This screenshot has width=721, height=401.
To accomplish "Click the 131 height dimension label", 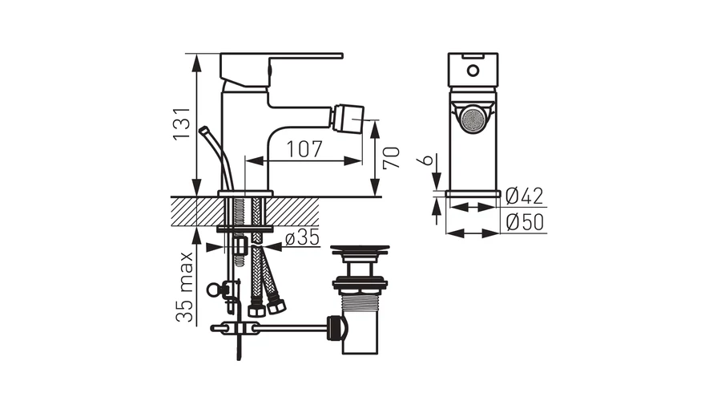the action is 181,124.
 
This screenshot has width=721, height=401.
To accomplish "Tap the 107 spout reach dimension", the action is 304,148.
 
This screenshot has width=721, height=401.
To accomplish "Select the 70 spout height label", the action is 391,158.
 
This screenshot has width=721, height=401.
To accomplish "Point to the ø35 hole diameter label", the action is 302,237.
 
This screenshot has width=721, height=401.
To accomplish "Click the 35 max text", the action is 185,286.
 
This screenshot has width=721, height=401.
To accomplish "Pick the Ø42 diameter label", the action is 524,196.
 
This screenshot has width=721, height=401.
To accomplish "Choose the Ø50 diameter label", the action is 525,222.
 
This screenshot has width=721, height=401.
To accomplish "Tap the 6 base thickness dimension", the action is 426,160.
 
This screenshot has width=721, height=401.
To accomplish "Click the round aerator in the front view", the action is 473,121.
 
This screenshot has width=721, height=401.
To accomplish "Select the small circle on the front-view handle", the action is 473,71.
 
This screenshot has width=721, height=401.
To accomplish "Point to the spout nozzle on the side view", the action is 350,119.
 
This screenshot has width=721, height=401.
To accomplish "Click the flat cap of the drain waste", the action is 360,249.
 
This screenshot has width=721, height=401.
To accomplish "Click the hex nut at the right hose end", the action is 277,306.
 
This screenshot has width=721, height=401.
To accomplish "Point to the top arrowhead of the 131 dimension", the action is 196,63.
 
